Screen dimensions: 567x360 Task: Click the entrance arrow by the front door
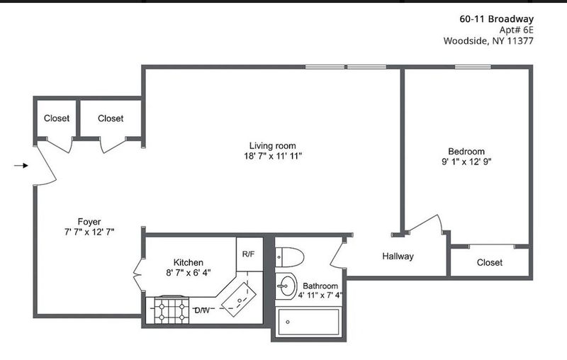click(21, 166)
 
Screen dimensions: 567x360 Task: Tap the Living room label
click(273, 146)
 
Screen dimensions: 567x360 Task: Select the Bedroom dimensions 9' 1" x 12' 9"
click(466, 162)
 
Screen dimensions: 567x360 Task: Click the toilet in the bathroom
click(290, 257)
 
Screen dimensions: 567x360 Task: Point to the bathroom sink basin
click(286, 286)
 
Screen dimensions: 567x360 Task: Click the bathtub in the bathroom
click(308, 322)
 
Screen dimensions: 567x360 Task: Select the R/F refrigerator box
click(249, 254)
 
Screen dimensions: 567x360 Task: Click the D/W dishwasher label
click(202, 310)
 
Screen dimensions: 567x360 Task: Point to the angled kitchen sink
click(239, 300)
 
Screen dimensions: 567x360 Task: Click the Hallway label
click(398, 257)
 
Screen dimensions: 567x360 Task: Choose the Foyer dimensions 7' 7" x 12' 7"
click(89, 232)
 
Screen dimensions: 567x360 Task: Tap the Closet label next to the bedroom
click(490, 262)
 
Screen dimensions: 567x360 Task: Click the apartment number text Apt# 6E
click(516, 30)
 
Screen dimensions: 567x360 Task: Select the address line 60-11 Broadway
click(497, 19)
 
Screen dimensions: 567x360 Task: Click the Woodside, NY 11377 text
click(488, 40)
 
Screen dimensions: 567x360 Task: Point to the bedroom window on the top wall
click(473, 67)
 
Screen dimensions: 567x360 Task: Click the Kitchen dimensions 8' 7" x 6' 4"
click(189, 273)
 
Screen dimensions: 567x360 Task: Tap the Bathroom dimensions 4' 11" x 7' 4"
click(320, 296)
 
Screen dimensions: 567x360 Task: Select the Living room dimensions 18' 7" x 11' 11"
click(273, 156)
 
